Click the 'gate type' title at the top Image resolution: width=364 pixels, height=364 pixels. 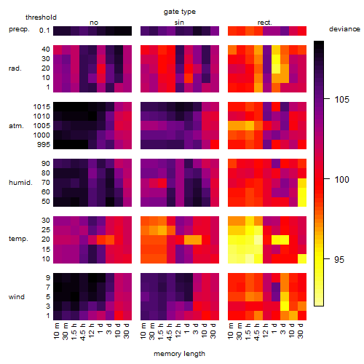tap(180, 12)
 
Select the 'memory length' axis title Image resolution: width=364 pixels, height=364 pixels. tap(179, 354)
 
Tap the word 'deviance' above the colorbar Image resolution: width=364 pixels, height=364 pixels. tap(344, 29)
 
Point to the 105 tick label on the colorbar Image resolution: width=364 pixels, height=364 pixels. tap(341, 99)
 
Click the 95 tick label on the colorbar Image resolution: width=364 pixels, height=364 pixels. tap(339, 259)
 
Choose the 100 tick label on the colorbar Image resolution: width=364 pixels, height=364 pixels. tap(341, 179)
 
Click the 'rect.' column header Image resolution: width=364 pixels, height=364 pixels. tap(265, 23)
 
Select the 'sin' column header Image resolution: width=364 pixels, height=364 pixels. tap(179, 23)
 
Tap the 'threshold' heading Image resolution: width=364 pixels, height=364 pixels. tap(41, 17)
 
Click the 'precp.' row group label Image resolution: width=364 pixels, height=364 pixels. tap(19, 29)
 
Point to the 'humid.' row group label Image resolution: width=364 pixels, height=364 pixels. tap(20, 183)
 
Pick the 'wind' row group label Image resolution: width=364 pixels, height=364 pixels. tap(17, 297)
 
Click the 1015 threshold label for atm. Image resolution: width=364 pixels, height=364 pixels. tap(41, 106)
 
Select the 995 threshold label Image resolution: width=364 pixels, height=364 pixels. tap(44, 145)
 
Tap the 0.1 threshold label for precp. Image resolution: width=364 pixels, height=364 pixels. tap(44, 31)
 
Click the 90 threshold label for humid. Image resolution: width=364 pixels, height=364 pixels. tap(46, 164)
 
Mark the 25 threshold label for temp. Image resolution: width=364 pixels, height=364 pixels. tap(46, 230)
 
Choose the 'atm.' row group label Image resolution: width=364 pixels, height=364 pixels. tap(16, 126)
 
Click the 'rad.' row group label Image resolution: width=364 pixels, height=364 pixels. tap(15, 68)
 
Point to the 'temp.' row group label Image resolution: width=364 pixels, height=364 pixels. tap(18, 239)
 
